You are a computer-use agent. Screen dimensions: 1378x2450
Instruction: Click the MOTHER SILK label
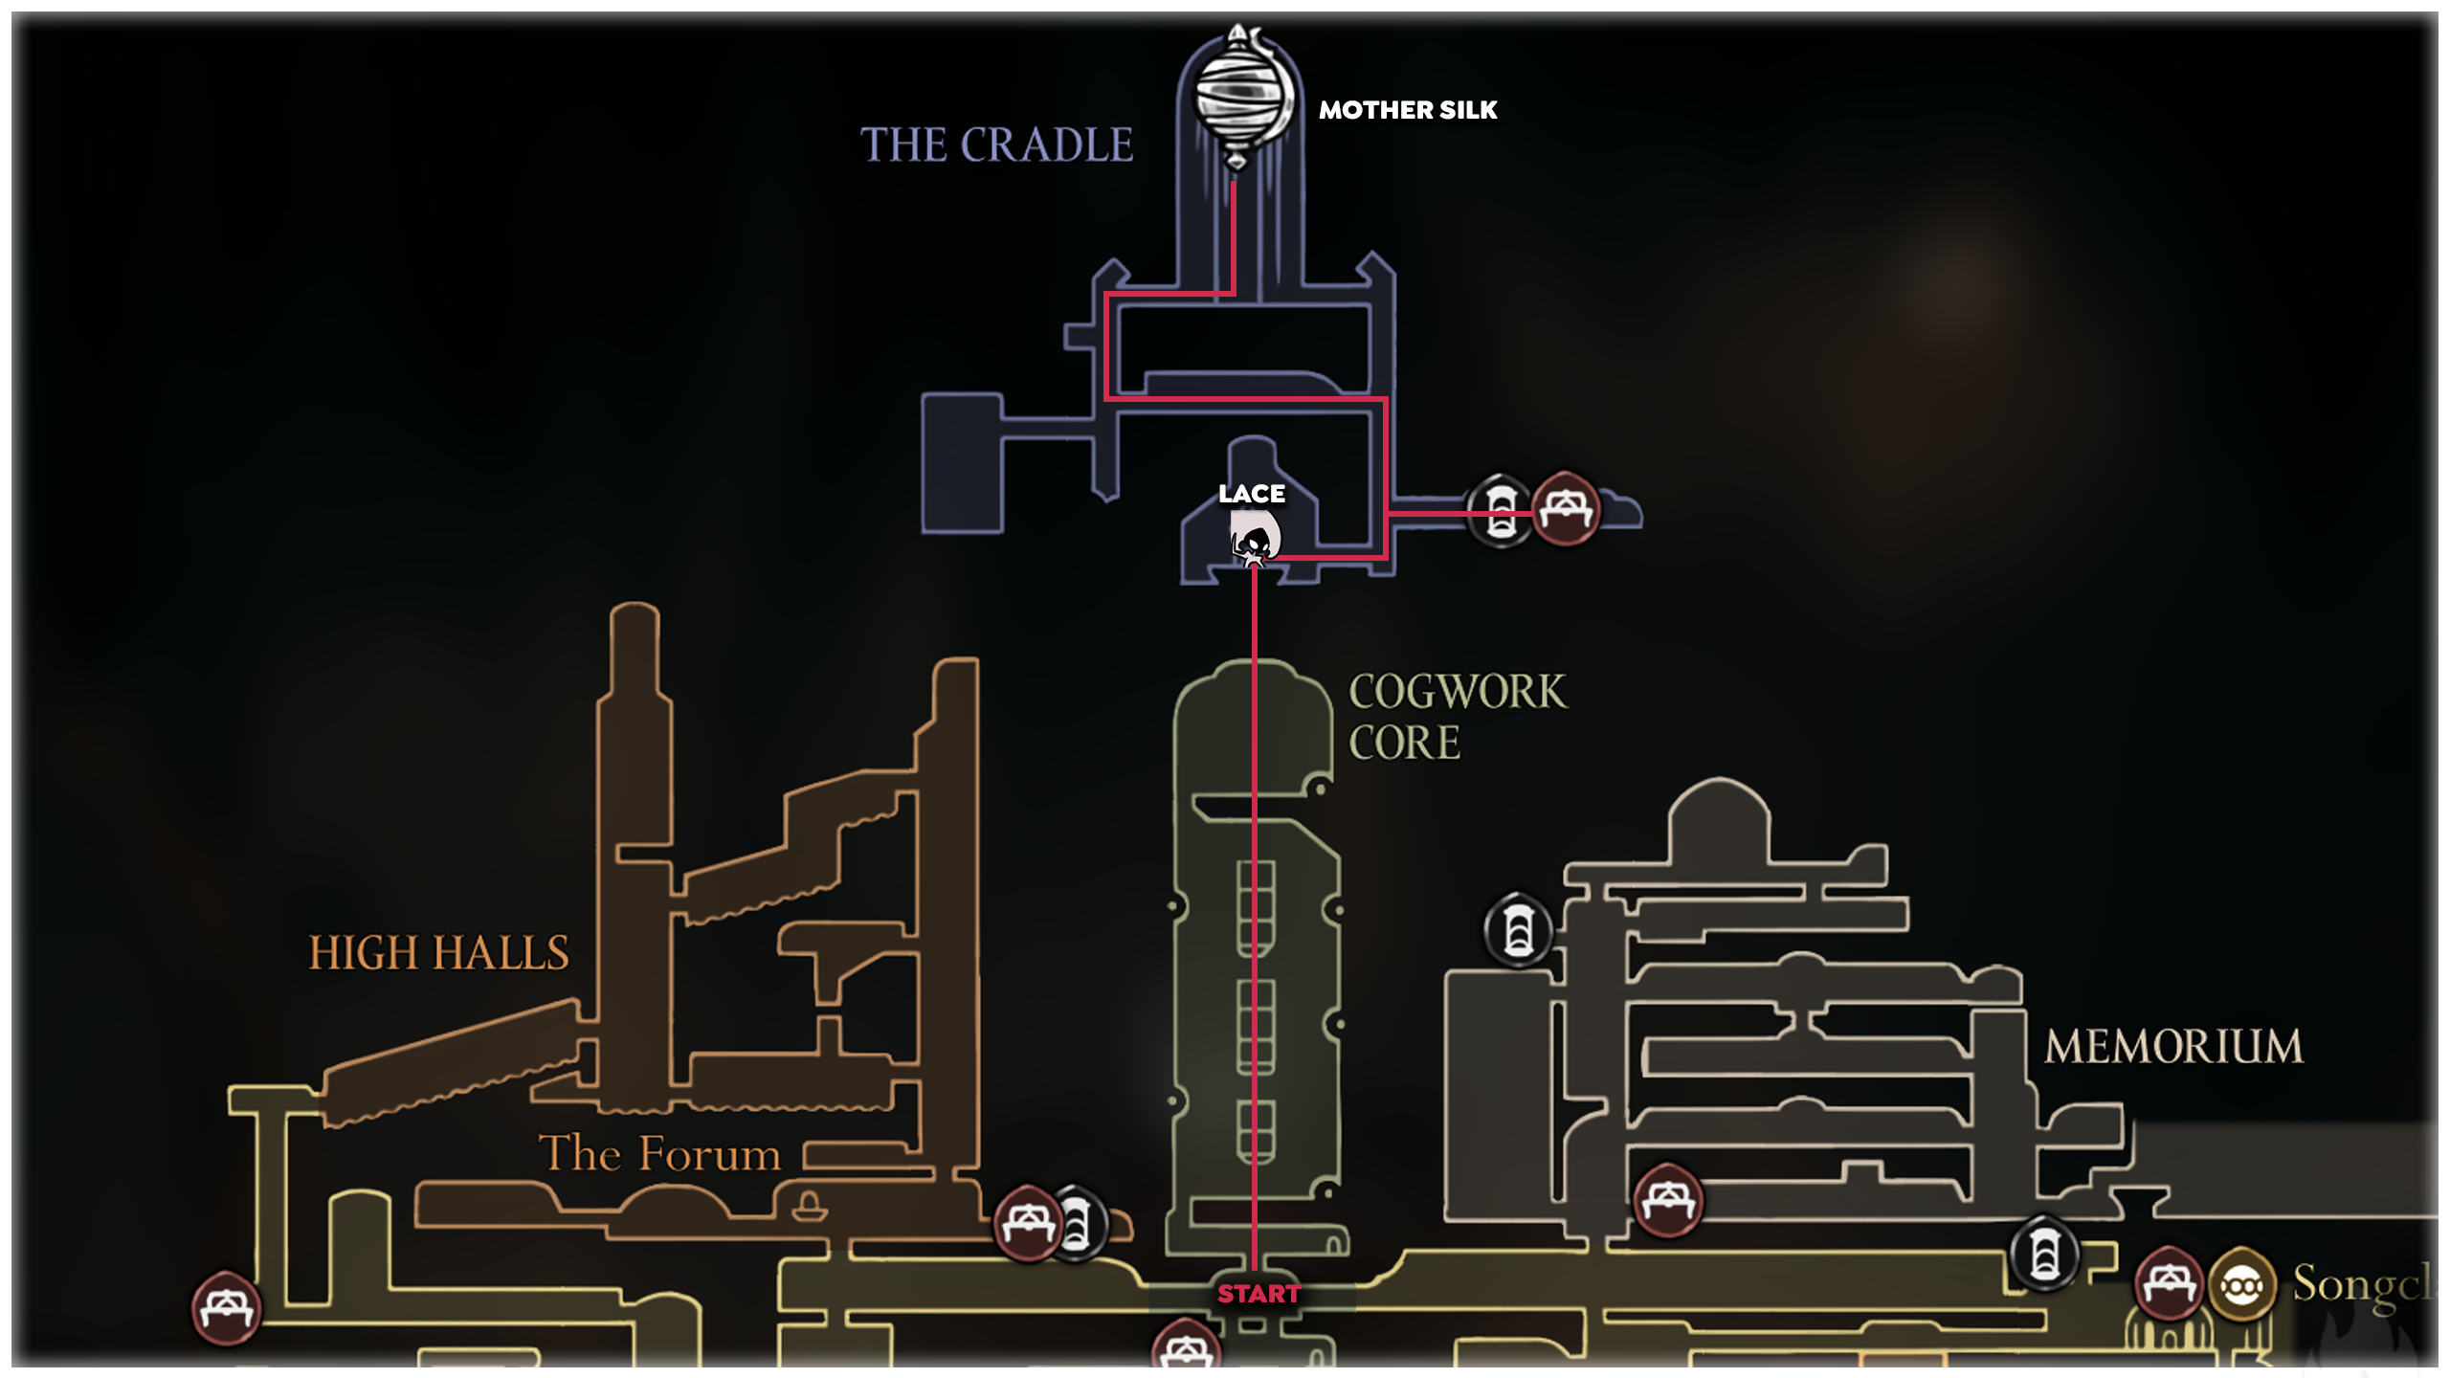tap(1408, 110)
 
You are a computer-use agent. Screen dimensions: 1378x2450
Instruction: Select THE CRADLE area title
tap(996, 145)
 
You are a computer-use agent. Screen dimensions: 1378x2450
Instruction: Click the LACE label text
tap(1252, 494)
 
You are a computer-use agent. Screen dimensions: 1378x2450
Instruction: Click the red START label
tap(1258, 1294)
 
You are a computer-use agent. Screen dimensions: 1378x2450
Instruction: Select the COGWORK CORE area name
tap(1457, 716)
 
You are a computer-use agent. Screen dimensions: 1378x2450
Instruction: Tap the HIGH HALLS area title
tap(438, 953)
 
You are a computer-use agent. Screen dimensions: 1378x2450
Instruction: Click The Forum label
tap(659, 1153)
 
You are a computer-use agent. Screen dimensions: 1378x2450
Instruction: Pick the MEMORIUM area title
tap(2173, 1046)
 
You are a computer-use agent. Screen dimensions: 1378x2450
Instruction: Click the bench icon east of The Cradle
tap(1566, 508)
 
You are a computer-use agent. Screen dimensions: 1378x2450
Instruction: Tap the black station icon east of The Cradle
tap(1500, 510)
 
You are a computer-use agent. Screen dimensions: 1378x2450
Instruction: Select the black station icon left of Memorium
tap(1518, 930)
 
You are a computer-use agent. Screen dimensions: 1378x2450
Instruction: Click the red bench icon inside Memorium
tap(1668, 1199)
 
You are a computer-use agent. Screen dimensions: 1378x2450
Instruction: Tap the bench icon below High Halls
tap(1027, 1223)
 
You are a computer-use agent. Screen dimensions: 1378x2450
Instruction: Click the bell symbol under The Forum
tap(809, 1207)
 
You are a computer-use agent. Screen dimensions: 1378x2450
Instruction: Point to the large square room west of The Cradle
tap(962, 463)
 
